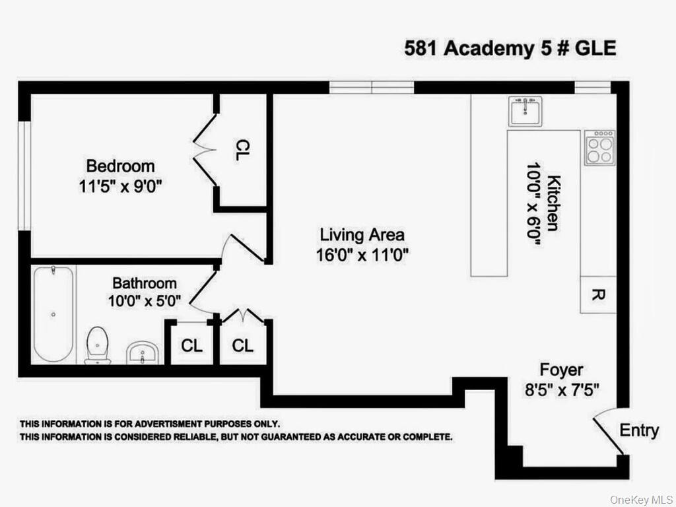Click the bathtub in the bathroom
pos(53,314)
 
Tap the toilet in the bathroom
pos(98,344)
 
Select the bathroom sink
pos(142,353)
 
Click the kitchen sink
pos(525,111)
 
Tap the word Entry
pos(638,431)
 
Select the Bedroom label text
pos(120,166)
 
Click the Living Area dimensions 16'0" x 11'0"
pos(362,255)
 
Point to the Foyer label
pos(561,370)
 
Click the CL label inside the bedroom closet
pos(242,151)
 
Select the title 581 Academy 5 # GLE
pos(510,49)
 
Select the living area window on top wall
pos(372,87)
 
